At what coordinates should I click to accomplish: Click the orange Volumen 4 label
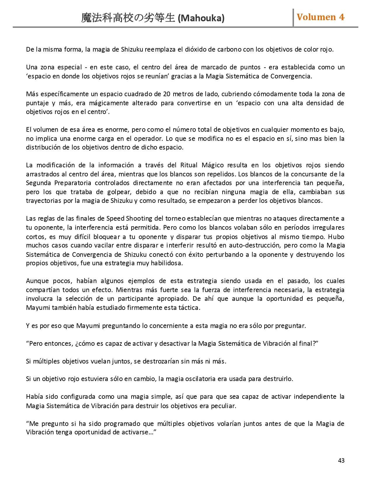(x=320, y=17)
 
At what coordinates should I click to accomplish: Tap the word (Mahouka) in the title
(x=201, y=18)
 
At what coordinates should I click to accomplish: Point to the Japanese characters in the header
(x=128, y=18)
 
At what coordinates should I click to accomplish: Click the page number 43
(x=341, y=460)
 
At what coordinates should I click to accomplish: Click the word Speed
(x=115, y=218)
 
